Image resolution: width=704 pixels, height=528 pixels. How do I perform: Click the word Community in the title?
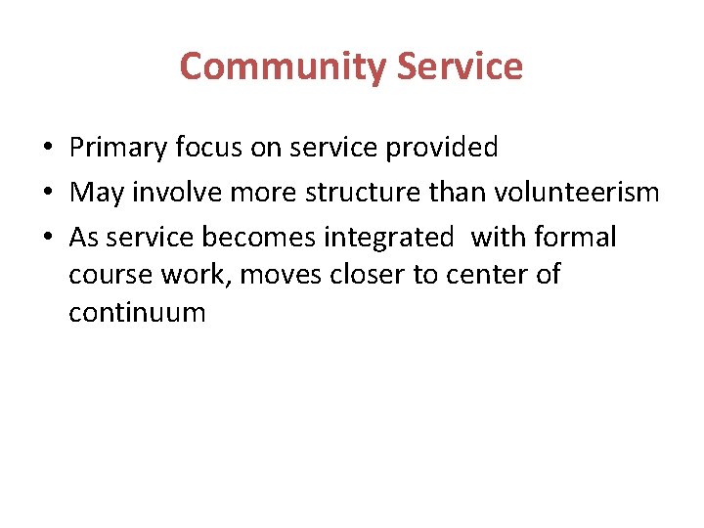[x=285, y=66]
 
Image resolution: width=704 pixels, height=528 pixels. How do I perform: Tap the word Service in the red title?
[x=462, y=66]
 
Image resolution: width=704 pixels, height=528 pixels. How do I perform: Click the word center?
[x=486, y=276]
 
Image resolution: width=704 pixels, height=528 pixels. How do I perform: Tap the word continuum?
[x=137, y=313]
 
